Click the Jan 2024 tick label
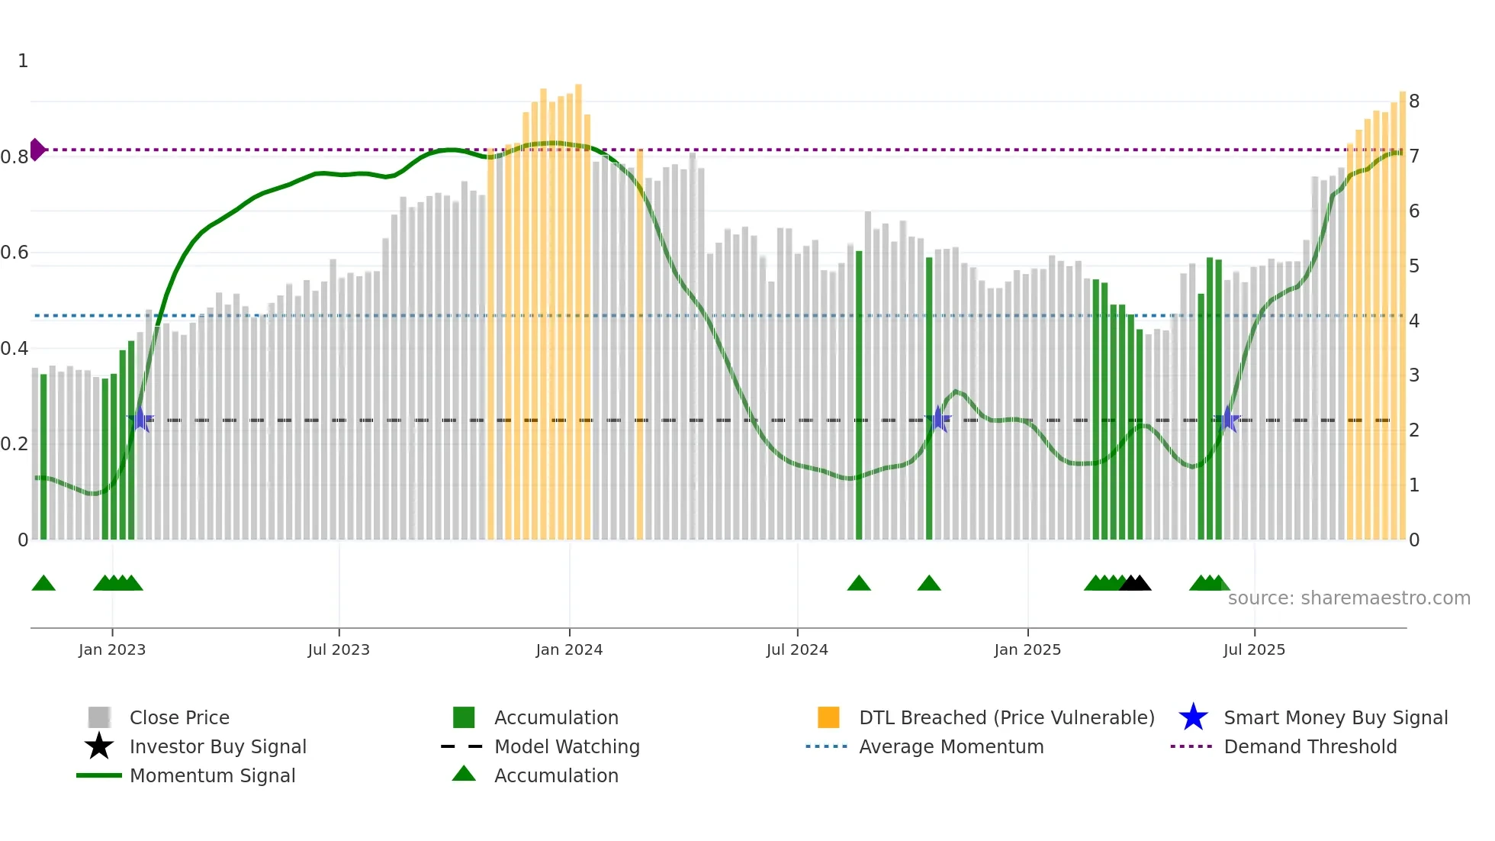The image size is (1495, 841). pos(569,649)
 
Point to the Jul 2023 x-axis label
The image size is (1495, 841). pos(339,649)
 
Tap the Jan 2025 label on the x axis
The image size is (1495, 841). pos(1027,649)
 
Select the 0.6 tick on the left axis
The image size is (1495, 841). pos(15,253)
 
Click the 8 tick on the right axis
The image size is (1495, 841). pos(1414,101)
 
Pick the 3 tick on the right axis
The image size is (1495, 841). pos(1414,375)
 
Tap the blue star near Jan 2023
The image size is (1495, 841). pos(140,419)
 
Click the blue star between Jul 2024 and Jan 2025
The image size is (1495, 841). pos(938,419)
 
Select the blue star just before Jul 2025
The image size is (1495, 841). pos(1227,419)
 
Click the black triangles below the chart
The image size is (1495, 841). pos(1135,583)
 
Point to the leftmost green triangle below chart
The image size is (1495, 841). pos(43,583)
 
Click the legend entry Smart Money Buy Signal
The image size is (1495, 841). pos(1335,717)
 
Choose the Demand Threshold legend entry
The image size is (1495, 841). pos(1310,746)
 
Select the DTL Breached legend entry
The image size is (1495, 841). pos(1006,717)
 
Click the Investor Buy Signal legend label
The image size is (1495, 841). pos(217,746)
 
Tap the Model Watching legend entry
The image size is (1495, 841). pos(566,746)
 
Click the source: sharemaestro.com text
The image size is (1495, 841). pos(1349,598)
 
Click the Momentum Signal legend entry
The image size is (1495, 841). pos(212,775)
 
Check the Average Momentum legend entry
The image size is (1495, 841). pos(950,746)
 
